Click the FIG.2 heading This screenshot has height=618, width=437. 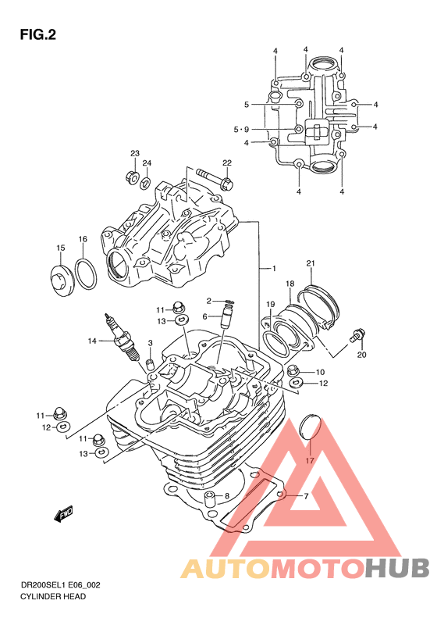click(x=37, y=34)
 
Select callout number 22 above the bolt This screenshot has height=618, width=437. click(x=227, y=163)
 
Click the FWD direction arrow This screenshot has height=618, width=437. click(x=63, y=513)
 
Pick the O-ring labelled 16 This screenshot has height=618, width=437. click(x=85, y=275)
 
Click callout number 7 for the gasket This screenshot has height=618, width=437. click(x=306, y=496)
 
